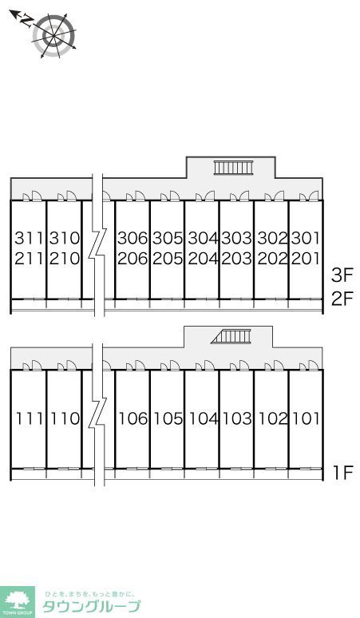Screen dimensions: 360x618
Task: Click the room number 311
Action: coord(29,238)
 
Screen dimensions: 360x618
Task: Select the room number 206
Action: coord(133,259)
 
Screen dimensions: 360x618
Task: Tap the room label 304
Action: coord(203,238)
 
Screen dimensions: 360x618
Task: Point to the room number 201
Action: coord(306,259)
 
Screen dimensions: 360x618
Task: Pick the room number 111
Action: coord(30,418)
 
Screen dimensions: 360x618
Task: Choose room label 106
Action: coord(133,418)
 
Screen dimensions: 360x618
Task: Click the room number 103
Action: coord(237,418)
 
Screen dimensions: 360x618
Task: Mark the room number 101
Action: coord(306,418)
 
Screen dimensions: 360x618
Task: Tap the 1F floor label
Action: coord(343,473)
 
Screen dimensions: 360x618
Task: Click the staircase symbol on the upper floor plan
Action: coord(233,168)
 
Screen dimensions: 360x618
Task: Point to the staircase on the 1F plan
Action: coord(231,336)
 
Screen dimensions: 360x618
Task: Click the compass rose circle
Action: coord(54,36)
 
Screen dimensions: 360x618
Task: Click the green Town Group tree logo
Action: coord(17,602)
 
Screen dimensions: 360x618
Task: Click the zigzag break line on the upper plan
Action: coord(98,245)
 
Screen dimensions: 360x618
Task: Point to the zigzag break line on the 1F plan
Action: coord(98,414)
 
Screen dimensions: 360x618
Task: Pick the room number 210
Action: coord(65,259)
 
